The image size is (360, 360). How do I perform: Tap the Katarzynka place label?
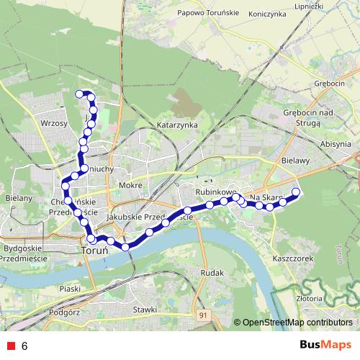pyautogui.click(x=177, y=125)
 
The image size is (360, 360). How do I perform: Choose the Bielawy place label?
pyautogui.click(x=295, y=161)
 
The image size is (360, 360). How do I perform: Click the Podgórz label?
pyautogui.click(x=65, y=312)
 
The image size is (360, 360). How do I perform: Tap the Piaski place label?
pyautogui.click(x=70, y=288)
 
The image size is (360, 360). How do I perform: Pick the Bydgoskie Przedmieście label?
pyautogui.click(x=25, y=252)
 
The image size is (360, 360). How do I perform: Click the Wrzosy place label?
pyautogui.click(x=55, y=124)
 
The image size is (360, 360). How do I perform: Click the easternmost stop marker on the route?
pyautogui.click(x=296, y=191)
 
